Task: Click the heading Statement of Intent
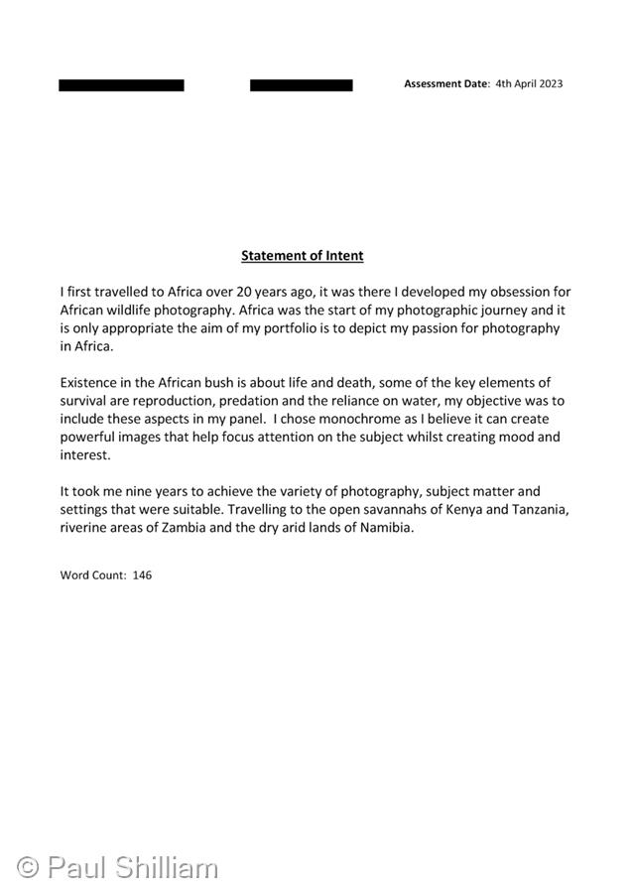[302, 256]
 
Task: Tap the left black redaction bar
[121, 85]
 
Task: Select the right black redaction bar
[301, 85]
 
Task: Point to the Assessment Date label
[445, 84]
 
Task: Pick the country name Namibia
[382, 528]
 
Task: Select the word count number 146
[142, 575]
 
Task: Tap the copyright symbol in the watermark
[28, 867]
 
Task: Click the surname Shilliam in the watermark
[168, 867]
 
